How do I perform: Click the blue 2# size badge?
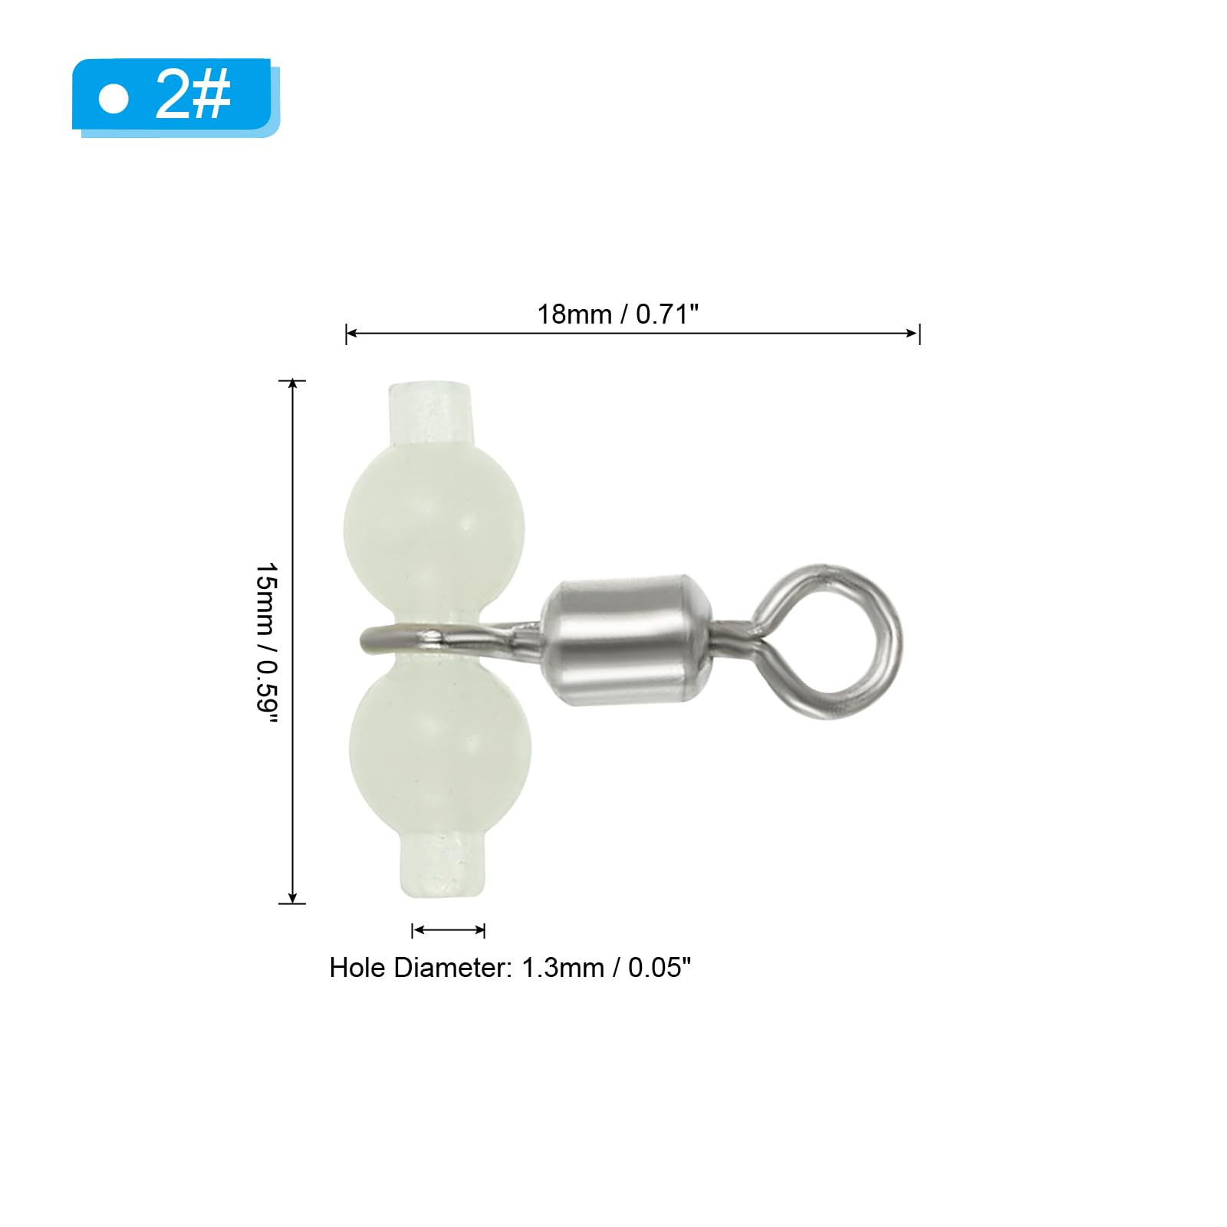coord(176,97)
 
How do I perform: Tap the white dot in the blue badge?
coord(113,99)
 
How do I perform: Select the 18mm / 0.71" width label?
coord(617,314)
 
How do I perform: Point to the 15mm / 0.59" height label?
coord(266,642)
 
